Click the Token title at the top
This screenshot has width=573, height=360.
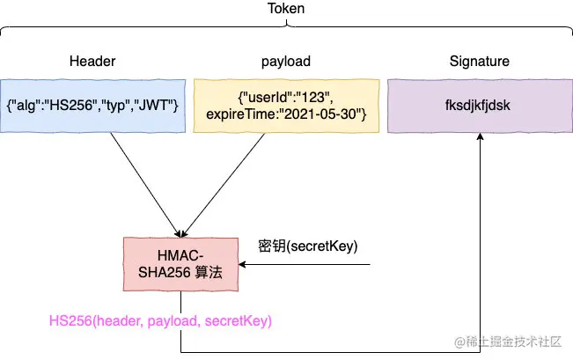pos(286,9)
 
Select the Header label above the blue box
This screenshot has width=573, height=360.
pos(92,61)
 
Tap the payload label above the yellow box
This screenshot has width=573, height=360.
pos(286,62)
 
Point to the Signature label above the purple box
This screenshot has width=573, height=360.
pos(480,62)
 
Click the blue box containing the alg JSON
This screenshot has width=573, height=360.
pos(92,106)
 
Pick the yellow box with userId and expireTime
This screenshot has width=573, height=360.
pos(286,106)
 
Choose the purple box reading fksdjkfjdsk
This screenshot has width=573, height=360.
pos(480,106)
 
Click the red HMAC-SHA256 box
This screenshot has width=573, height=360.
pos(180,264)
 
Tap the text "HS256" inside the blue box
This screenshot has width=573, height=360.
pos(71,106)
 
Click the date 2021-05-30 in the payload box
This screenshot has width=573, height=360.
pos(320,114)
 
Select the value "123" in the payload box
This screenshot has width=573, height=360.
pos(313,98)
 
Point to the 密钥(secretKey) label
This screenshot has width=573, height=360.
pos(308,246)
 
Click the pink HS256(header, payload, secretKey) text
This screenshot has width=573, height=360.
pos(160,321)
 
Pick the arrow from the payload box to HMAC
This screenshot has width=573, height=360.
pos(222,186)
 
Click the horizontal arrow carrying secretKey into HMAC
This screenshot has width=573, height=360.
pos(305,264)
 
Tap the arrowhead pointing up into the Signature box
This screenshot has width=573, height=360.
pos(481,136)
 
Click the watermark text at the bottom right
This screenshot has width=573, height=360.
pos(508,342)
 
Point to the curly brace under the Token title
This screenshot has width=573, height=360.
pos(287,26)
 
